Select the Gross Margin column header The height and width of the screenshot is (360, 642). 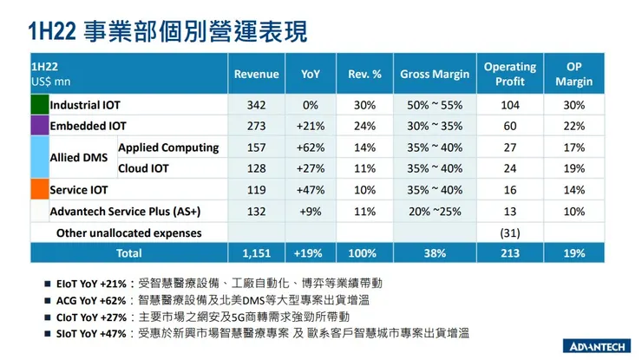[x=435, y=75]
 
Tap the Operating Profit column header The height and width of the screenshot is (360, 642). [x=509, y=75]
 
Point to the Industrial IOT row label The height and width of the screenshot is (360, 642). [x=85, y=105]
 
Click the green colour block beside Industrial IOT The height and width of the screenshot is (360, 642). [x=39, y=105]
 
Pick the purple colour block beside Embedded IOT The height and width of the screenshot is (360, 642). [x=39, y=126]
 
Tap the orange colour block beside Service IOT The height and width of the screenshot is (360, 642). [x=39, y=189]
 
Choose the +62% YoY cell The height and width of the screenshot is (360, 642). [x=310, y=147]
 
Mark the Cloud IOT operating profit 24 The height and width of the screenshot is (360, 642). [x=509, y=168]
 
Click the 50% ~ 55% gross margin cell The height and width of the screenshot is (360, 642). [x=435, y=105]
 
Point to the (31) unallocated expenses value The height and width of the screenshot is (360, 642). [x=509, y=232]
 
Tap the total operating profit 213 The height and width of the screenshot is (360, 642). [x=509, y=253]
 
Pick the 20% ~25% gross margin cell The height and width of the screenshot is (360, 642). [x=435, y=211]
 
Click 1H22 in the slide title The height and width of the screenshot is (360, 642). [x=54, y=32]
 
